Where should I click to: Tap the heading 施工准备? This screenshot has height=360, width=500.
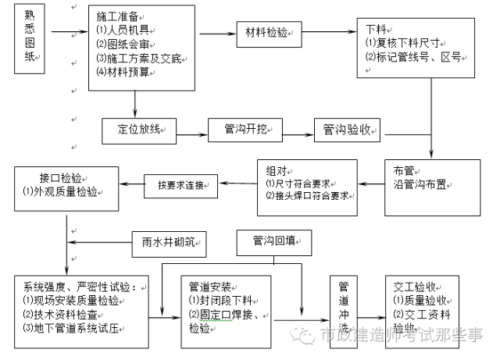point(118,16)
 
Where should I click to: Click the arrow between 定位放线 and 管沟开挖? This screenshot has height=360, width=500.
point(192,130)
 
